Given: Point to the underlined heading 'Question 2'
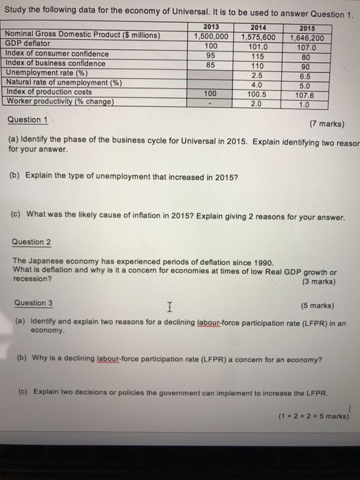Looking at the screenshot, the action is coord(32,242).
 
